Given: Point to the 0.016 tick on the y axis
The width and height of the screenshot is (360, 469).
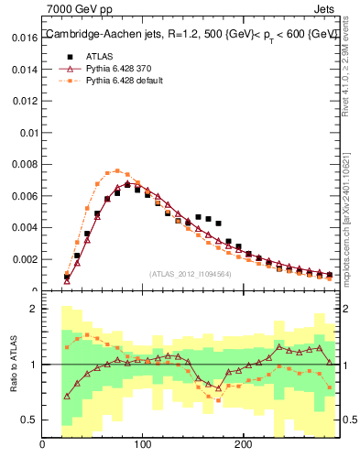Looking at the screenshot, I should (x=24, y=39).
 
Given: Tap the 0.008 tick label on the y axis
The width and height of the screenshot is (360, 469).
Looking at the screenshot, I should (x=24, y=165).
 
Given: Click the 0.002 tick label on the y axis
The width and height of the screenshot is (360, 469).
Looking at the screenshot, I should (x=24, y=259).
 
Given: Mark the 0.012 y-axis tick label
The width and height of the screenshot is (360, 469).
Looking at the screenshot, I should (x=24, y=102).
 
